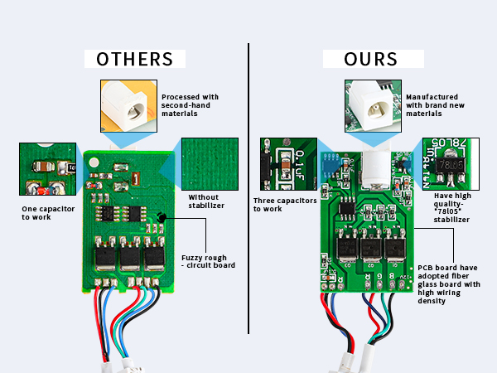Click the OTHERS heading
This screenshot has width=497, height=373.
(x=134, y=60)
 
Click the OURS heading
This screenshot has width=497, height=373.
(x=362, y=60)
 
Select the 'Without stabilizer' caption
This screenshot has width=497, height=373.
(x=201, y=201)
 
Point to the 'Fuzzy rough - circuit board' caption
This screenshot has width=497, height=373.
(x=209, y=260)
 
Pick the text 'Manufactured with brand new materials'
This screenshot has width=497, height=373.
(x=431, y=105)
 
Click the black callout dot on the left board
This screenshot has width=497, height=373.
(x=162, y=218)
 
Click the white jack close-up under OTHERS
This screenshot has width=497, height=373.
(x=128, y=105)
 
